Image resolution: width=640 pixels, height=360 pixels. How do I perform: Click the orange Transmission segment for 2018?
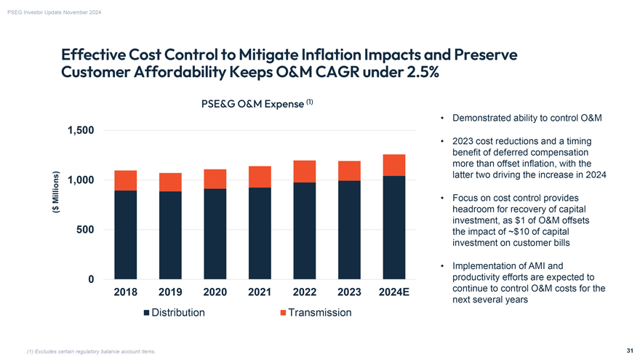click(x=126, y=180)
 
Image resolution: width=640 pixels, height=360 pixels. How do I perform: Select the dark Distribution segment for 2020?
click(x=215, y=233)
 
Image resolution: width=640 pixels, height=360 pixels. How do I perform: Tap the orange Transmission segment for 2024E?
click(x=393, y=165)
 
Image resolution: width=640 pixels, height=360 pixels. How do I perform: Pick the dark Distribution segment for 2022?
click(x=304, y=231)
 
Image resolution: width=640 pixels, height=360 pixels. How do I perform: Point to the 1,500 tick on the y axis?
click(x=81, y=130)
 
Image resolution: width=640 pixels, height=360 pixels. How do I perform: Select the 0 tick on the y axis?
click(x=90, y=279)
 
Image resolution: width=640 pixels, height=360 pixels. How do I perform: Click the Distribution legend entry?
click(x=174, y=313)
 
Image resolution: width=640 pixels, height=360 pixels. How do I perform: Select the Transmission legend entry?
click(x=316, y=313)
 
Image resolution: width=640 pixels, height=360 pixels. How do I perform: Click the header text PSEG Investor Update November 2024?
click(x=55, y=9)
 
